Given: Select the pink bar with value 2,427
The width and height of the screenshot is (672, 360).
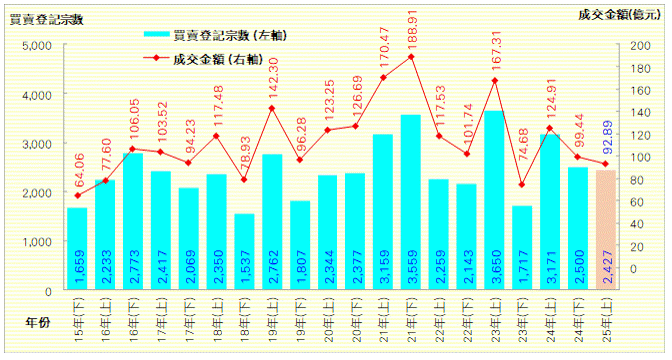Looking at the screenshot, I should point(606,230).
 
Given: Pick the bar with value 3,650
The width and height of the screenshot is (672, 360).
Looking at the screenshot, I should point(494,200).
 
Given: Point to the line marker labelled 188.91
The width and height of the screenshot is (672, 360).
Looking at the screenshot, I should point(411,56).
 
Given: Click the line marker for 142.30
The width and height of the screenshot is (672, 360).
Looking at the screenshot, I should point(272,108).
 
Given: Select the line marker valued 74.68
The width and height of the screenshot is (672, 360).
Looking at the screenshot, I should point(522,184).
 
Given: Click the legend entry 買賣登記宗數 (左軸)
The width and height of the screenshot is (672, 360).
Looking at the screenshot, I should point(215,35).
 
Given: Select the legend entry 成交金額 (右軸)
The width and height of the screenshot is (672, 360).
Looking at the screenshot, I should point(215,59).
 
